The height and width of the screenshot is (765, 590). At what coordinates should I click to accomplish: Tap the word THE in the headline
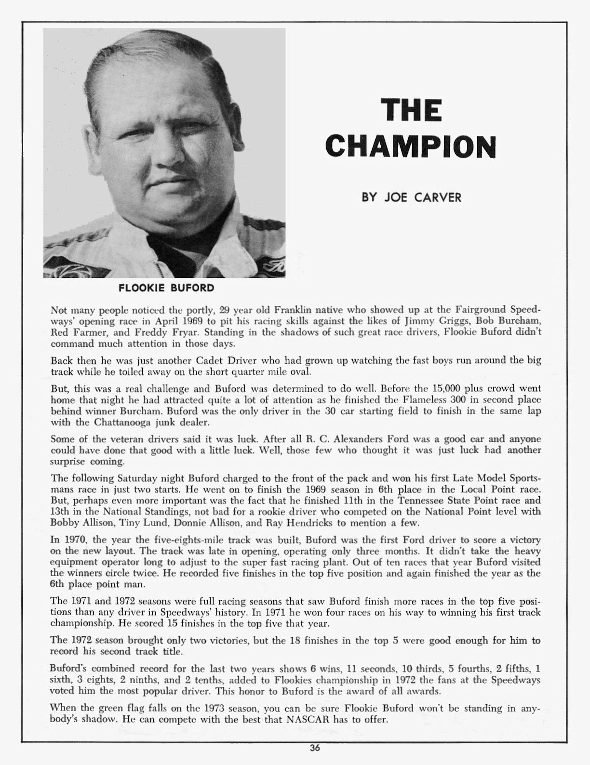click(x=411, y=110)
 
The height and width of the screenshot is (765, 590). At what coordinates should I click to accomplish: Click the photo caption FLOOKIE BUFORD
click(x=166, y=288)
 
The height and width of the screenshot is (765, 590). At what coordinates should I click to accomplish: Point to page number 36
click(x=315, y=748)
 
